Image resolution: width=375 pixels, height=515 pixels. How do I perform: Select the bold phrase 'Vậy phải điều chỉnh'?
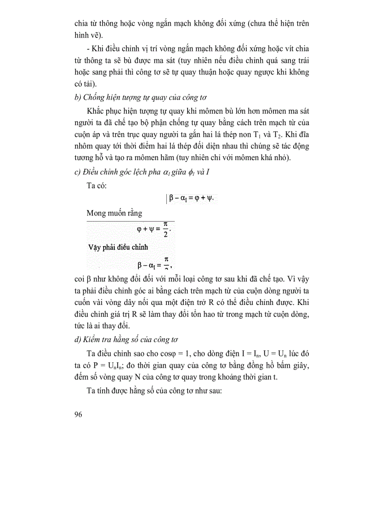click(118, 247)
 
